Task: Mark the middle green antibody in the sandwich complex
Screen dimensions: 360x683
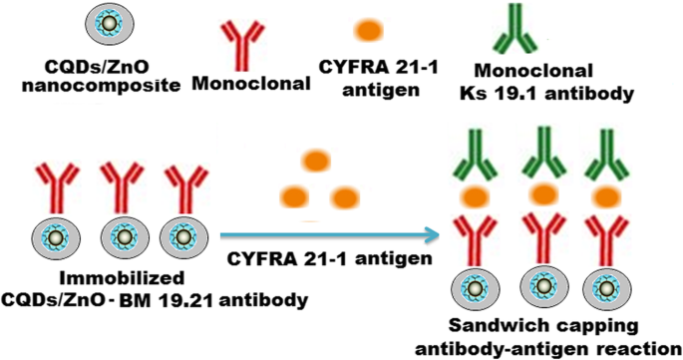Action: click(544, 153)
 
